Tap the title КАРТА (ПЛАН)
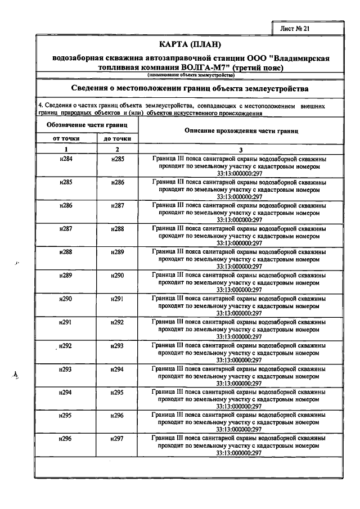pos(190,44)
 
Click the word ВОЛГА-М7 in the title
pos(202,67)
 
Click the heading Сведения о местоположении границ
pos(190,89)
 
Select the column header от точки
pos(66,138)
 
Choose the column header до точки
pos(117,138)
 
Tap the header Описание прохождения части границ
pos(241,130)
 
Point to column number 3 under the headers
pos(241,149)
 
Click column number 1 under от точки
pos(66,149)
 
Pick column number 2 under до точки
pos(117,149)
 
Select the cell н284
pos(66,159)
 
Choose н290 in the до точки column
pos(117,275)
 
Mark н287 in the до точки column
pos(117,205)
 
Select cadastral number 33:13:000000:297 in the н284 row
pos(240,174)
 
